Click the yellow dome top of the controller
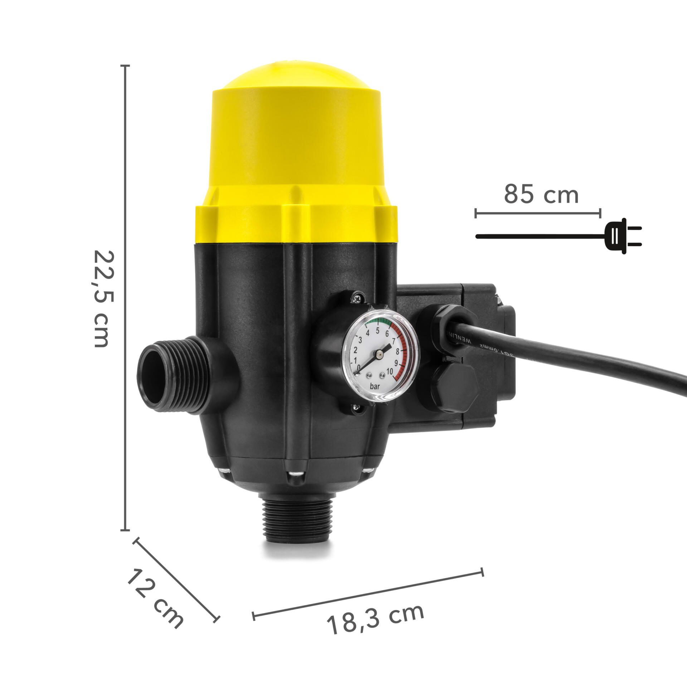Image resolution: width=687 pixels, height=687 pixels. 296,107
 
